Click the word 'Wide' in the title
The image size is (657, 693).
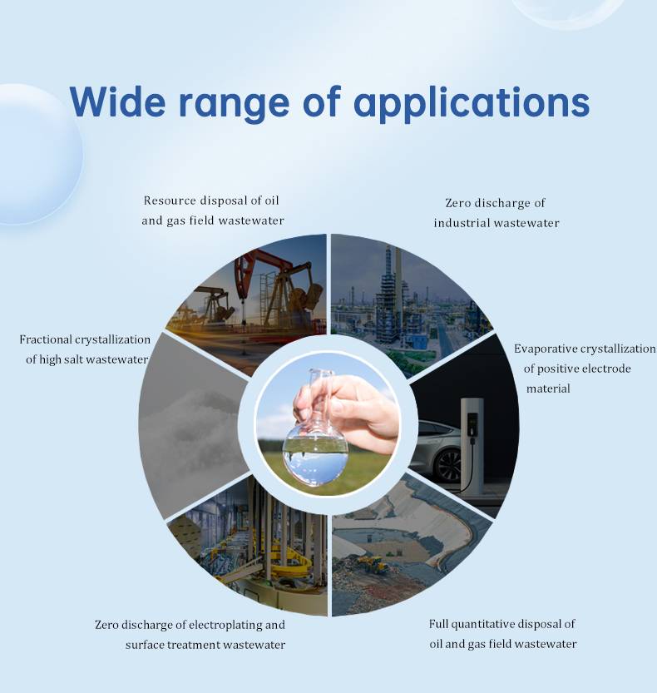point(117,101)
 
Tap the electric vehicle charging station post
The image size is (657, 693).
point(472,442)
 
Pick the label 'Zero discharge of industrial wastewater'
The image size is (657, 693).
point(496,213)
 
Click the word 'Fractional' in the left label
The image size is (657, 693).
point(46,339)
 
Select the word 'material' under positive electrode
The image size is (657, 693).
point(548,389)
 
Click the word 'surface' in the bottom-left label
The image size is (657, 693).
point(145,645)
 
